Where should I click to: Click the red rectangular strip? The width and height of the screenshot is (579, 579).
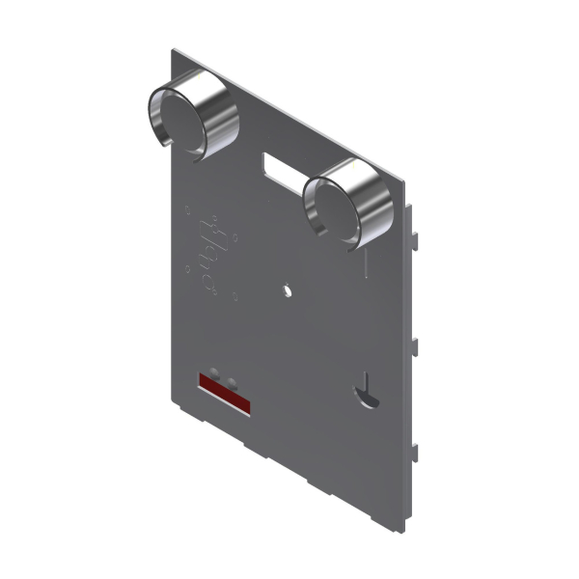pyautogui.click(x=224, y=394)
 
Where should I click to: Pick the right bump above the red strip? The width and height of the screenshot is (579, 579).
pyautogui.click(x=230, y=378)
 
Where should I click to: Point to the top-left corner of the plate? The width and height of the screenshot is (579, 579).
pyautogui.click(x=174, y=49)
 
